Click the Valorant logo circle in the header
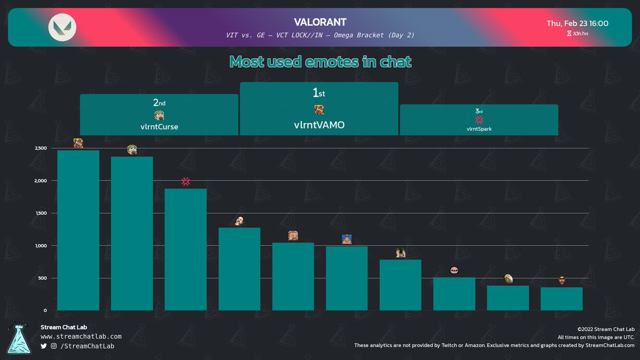point(62,27)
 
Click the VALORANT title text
point(320,22)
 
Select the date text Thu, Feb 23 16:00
point(578,23)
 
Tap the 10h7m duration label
point(580,34)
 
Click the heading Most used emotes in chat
point(320,62)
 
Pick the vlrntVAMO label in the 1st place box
point(319,125)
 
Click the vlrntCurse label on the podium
point(159,127)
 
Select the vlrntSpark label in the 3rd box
point(479,129)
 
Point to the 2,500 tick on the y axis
point(40,148)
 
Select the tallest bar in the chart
point(78,229)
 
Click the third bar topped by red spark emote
point(186,249)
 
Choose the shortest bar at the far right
point(562,299)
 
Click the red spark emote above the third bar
point(186,181)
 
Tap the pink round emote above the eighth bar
point(454,270)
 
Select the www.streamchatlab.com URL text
point(81,337)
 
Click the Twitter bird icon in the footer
point(44,347)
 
